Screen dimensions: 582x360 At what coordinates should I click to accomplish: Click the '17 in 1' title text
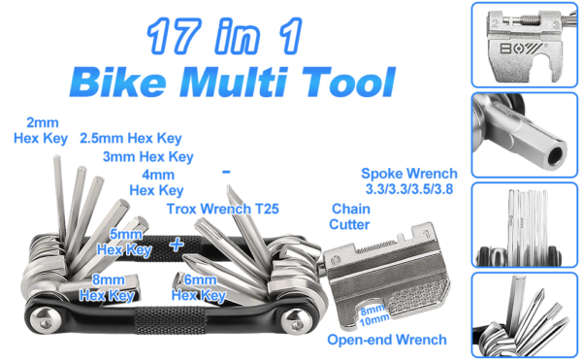point(224,36)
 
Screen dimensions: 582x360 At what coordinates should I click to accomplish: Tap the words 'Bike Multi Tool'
point(233,82)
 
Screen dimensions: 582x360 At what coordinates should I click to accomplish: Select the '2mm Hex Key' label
point(41,130)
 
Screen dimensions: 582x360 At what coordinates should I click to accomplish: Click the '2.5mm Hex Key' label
point(131,139)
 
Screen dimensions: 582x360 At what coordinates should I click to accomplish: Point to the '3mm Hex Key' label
point(148,156)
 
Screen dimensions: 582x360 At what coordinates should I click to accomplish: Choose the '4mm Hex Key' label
point(156,182)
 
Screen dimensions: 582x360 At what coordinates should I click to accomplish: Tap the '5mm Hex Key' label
point(125,242)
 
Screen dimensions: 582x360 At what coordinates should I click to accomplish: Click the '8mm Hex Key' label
point(107,287)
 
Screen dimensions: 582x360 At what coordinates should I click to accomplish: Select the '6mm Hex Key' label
point(199,287)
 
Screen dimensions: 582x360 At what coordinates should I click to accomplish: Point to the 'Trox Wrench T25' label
point(223,209)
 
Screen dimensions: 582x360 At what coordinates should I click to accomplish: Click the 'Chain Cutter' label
point(349,216)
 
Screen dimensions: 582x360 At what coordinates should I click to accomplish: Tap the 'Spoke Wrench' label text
point(409,174)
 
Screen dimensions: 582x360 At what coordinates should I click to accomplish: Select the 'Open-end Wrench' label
point(387,340)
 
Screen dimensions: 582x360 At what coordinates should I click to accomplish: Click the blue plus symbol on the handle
point(177,245)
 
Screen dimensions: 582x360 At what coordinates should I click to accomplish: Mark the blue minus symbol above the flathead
point(226,172)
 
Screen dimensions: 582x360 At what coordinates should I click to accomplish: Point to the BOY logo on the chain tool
point(521,49)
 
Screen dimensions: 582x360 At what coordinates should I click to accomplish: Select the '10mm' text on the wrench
point(374,320)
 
